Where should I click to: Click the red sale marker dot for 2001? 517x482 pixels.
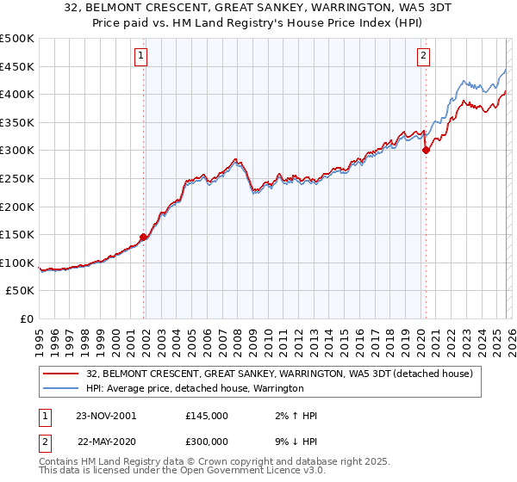(x=144, y=238)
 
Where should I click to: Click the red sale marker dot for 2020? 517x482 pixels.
(x=426, y=150)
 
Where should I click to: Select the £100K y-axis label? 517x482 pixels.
(x=18, y=263)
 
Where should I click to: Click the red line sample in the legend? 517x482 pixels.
(x=61, y=374)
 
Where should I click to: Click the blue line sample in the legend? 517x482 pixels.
(x=61, y=389)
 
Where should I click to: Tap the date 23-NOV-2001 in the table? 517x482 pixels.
(x=106, y=416)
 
